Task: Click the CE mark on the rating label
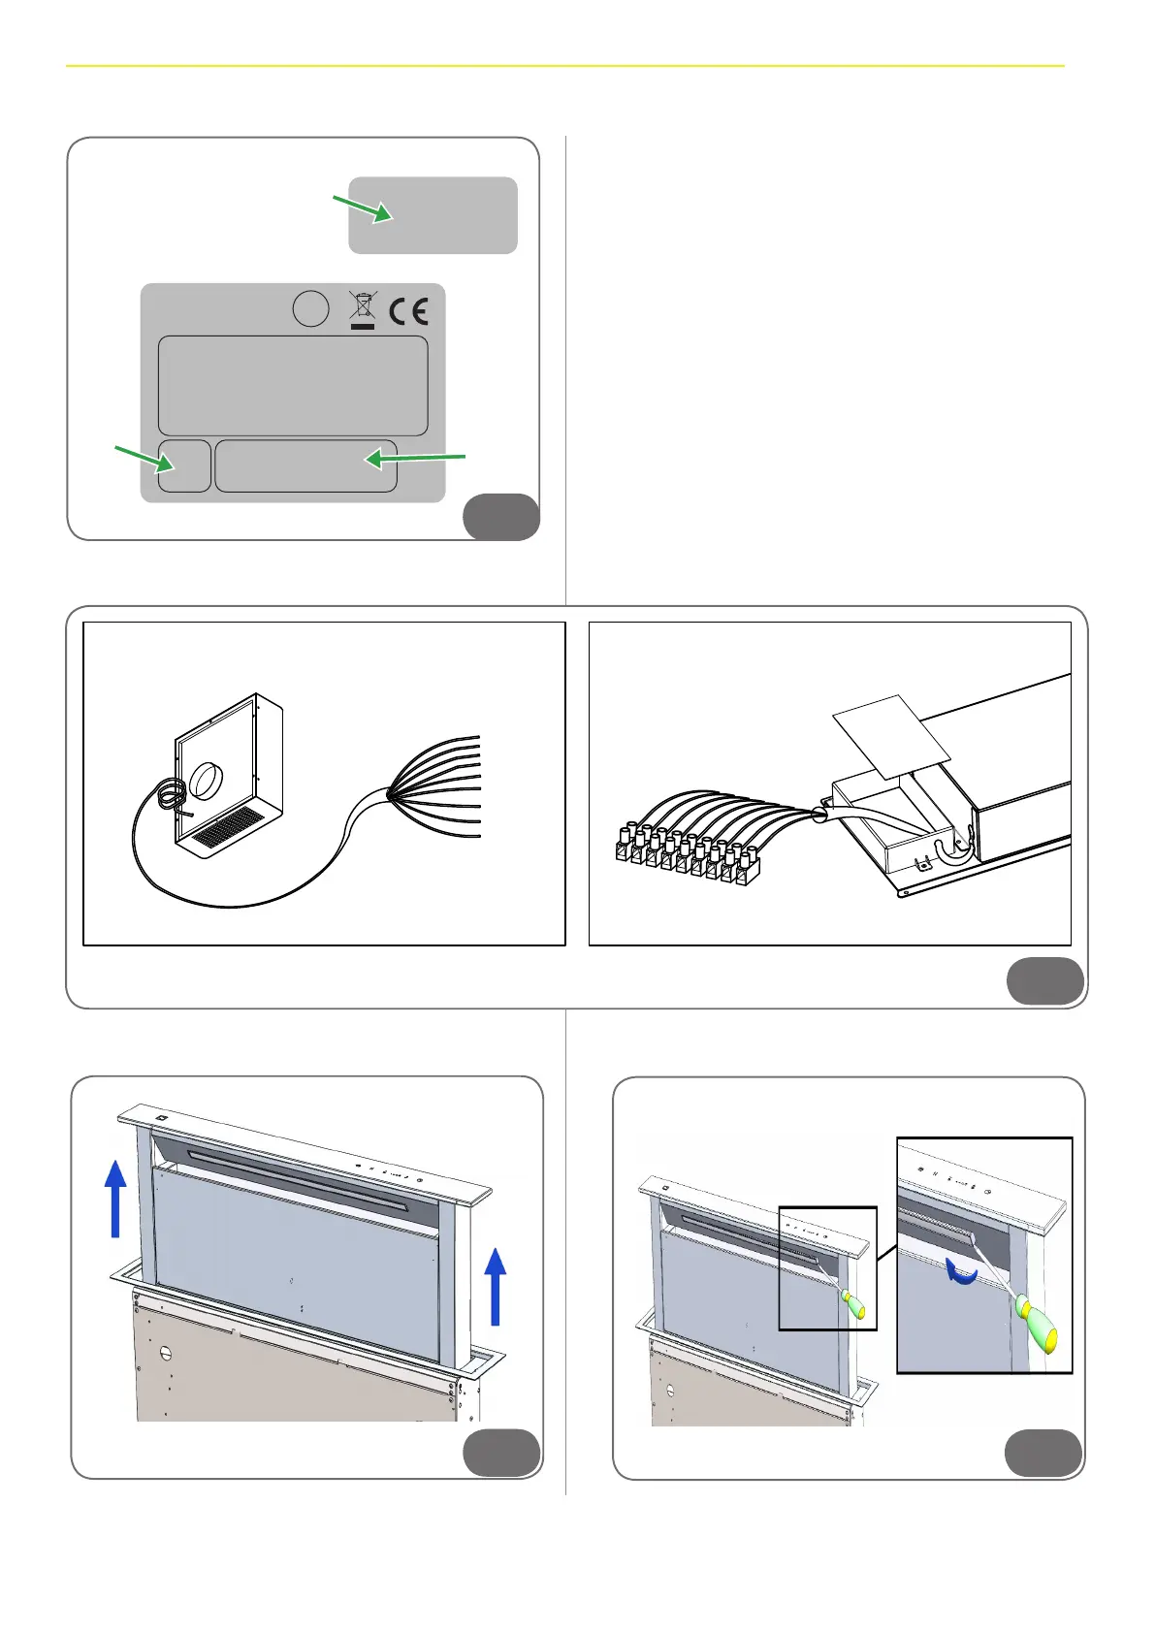408,310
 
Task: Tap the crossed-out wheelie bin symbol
362,309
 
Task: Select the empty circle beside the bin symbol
310,309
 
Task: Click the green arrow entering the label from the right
415,458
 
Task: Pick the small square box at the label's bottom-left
184,465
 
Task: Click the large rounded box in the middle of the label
293,385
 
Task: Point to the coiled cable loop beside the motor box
173,796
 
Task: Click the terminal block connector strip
685,853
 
